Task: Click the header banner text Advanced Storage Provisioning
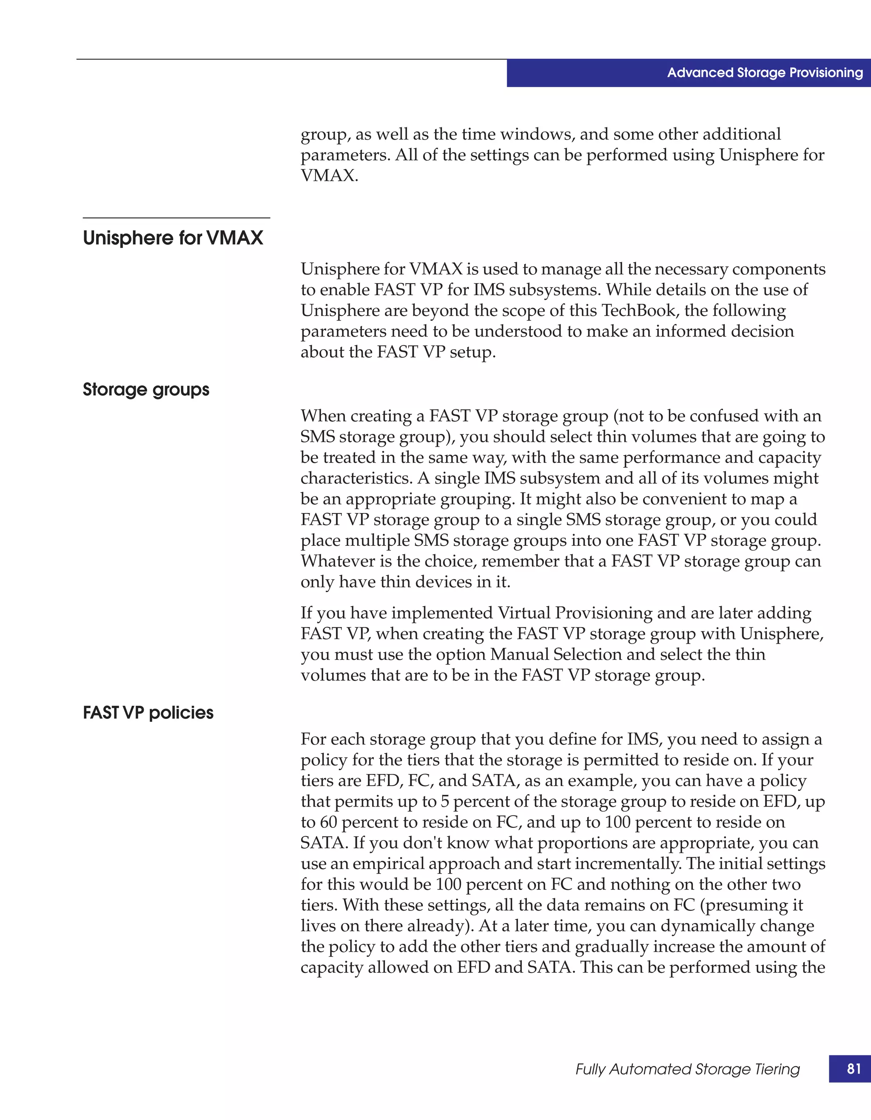click(764, 73)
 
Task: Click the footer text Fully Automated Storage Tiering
click(687, 1069)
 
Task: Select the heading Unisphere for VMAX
click(173, 238)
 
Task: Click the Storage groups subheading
click(146, 390)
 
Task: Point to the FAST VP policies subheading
click(148, 713)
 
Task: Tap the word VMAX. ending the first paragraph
click(329, 176)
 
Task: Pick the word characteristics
click(356, 479)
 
